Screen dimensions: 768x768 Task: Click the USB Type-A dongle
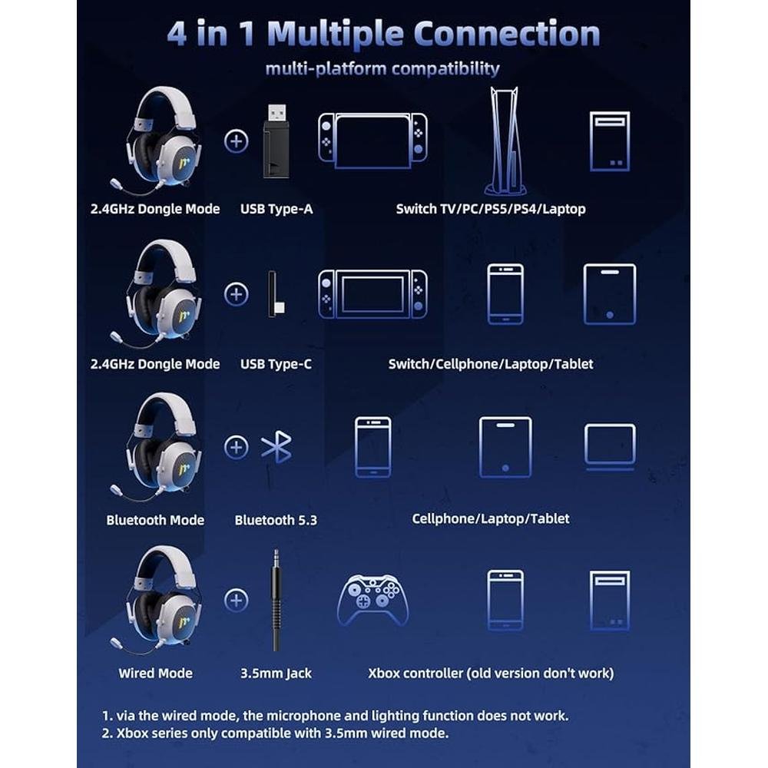276,141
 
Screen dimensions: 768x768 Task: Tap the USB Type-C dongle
275,294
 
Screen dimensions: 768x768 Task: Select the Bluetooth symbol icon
276,447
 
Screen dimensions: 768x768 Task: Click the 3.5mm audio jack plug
276,601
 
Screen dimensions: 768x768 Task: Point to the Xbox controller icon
372,600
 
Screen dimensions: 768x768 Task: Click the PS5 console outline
505,141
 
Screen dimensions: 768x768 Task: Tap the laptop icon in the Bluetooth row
610,447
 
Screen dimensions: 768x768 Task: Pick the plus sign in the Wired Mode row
236,600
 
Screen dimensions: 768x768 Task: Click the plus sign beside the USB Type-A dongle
236,141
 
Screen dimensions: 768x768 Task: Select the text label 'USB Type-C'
276,364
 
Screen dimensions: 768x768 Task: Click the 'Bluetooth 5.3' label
276,520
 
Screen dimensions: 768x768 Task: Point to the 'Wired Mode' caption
155,673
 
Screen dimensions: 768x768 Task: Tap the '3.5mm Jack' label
276,674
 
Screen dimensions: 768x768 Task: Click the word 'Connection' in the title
507,33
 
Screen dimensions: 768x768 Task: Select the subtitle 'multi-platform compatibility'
382,68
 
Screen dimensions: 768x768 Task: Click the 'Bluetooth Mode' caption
155,520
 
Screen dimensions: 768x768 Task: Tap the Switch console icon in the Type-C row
372,294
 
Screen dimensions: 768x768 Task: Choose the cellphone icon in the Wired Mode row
505,600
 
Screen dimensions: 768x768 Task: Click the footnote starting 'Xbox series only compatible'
275,733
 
